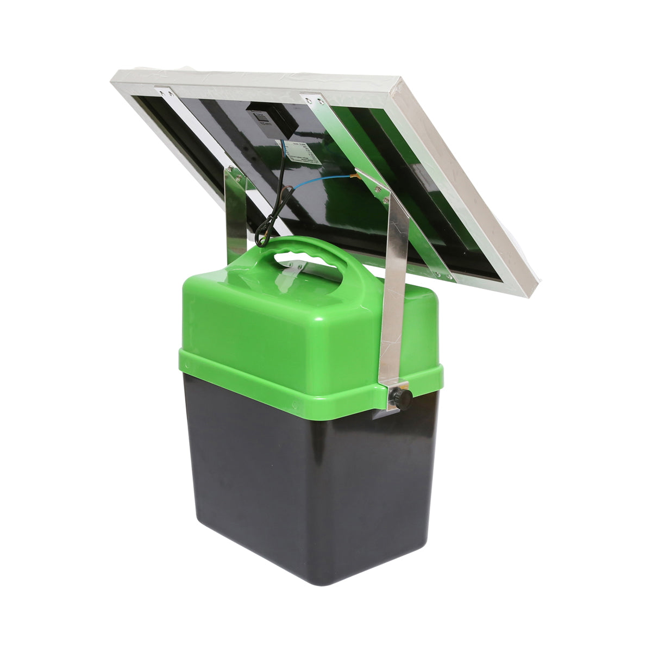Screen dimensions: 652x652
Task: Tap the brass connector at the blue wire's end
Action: coord(359,175)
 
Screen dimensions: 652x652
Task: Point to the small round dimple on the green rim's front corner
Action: coord(293,404)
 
